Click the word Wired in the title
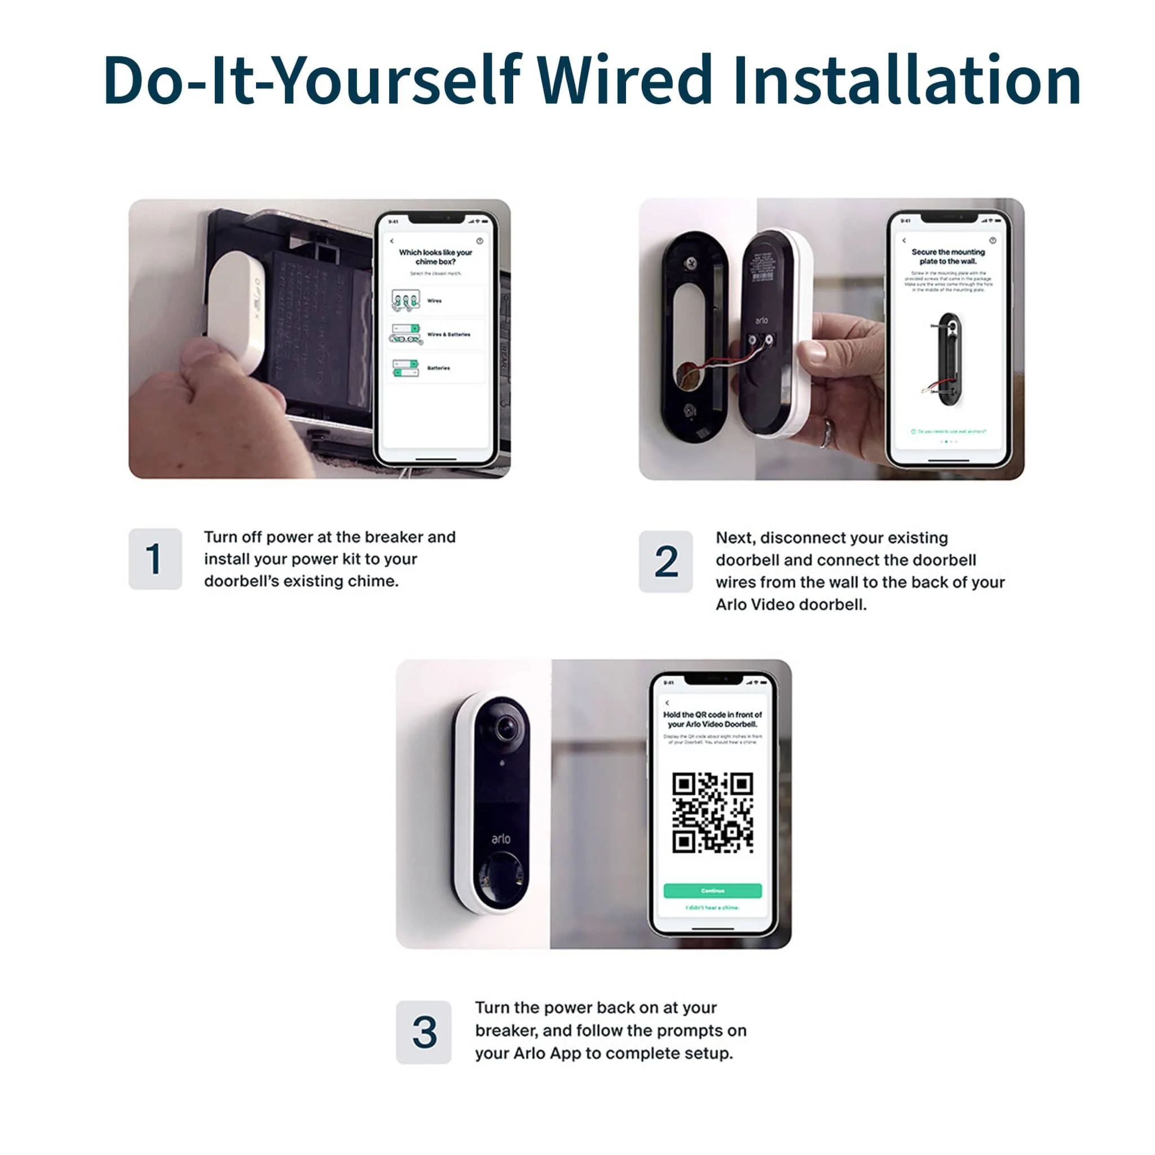pyautogui.click(x=624, y=80)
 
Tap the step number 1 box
pyautogui.click(x=155, y=559)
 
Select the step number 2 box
pyautogui.click(x=665, y=561)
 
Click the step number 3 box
pyautogui.click(x=424, y=1033)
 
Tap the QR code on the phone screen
pyautogui.click(x=712, y=813)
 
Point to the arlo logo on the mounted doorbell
pyautogui.click(x=501, y=839)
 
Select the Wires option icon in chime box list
pyautogui.click(x=406, y=301)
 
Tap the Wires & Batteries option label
pyautogui.click(x=448, y=335)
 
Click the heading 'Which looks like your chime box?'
pyautogui.click(x=435, y=257)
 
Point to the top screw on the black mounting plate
pyautogui.click(x=691, y=262)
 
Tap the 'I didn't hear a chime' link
pyautogui.click(x=712, y=907)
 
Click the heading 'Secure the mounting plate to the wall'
pyautogui.click(x=947, y=257)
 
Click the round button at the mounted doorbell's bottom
pyautogui.click(x=501, y=880)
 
